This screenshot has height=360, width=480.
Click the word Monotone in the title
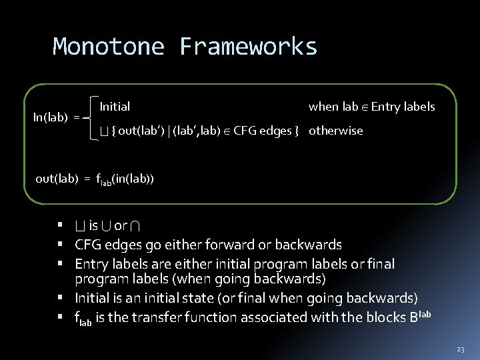[x=109, y=47]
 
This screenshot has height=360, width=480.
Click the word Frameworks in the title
[x=248, y=47]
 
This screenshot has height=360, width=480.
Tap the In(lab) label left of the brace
[x=51, y=117]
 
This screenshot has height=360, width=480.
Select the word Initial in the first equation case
[x=115, y=107]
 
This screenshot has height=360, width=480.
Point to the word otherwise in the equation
[x=336, y=131]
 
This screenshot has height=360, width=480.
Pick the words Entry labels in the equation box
[x=403, y=107]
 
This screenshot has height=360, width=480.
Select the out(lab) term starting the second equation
[x=57, y=179]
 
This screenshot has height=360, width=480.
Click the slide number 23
[x=461, y=349]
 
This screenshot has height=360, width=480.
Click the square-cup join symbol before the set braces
[x=102, y=131]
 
